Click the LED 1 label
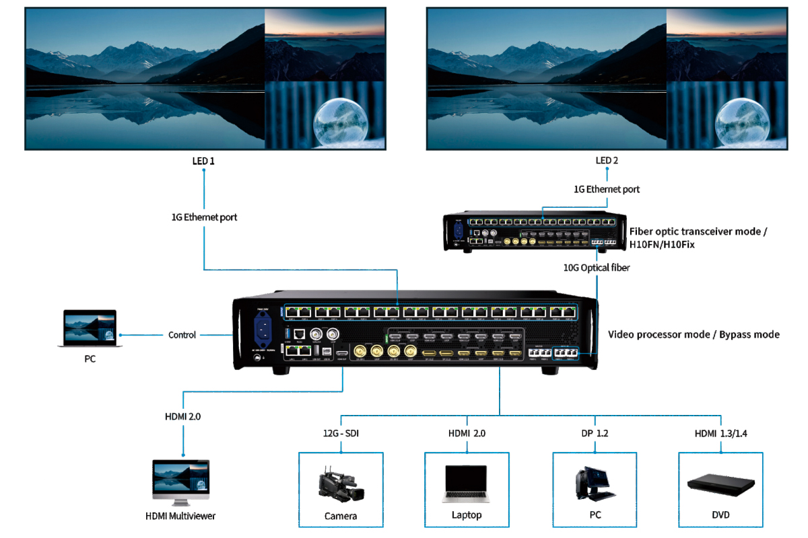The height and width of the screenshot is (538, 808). tap(203, 161)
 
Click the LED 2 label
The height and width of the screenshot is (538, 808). tap(607, 161)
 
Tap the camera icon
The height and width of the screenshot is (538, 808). tap(341, 486)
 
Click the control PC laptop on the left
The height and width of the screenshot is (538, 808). tap(89, 329)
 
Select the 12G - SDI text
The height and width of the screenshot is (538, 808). tap(340, 434)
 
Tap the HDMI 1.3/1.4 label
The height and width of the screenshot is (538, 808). tap(720, 434)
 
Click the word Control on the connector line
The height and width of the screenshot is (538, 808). tap(182, 335)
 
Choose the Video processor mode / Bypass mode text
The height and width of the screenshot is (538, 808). tap(694, 334)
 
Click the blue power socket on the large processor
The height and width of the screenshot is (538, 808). tap(263, 330)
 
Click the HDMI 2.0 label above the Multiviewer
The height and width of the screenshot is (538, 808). tap(182, 416)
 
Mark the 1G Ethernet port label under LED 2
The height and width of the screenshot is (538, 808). tap(607, 190)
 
